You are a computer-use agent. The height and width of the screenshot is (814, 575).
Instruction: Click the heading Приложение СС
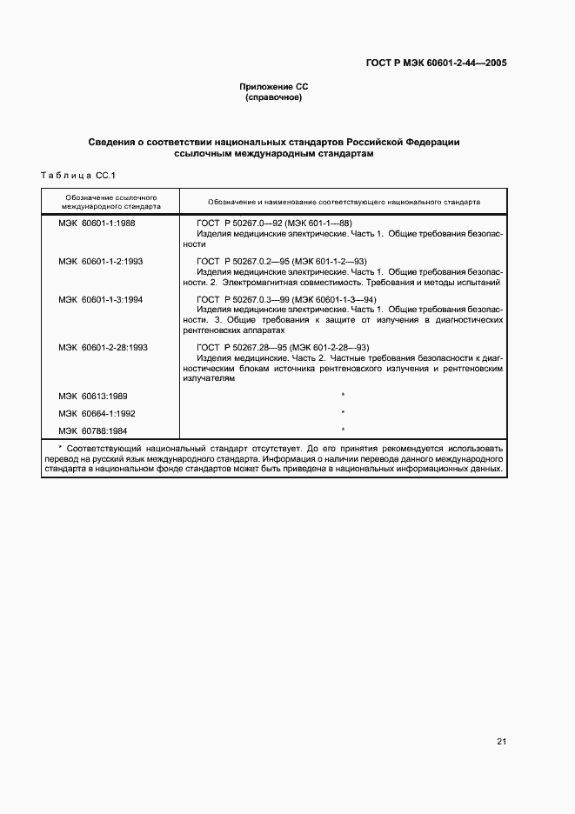274,87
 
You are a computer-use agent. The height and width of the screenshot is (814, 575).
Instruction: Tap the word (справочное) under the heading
274,97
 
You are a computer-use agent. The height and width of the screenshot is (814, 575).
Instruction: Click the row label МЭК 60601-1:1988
97,224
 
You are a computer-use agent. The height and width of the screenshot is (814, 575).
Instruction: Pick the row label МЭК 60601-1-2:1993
101,261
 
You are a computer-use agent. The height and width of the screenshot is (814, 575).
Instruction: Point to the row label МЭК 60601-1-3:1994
101,299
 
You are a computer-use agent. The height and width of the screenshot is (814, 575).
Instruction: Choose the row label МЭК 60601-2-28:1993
104,347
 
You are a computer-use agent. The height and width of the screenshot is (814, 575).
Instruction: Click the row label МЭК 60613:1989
93,396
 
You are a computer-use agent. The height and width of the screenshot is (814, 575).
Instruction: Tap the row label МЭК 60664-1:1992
97,413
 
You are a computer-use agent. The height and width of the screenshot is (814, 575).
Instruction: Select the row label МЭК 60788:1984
93,430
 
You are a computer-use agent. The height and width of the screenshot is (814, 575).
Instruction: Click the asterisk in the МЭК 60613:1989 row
344,397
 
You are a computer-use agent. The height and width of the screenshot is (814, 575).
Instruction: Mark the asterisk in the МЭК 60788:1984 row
344,430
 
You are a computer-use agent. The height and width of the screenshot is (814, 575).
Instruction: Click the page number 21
501,742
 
